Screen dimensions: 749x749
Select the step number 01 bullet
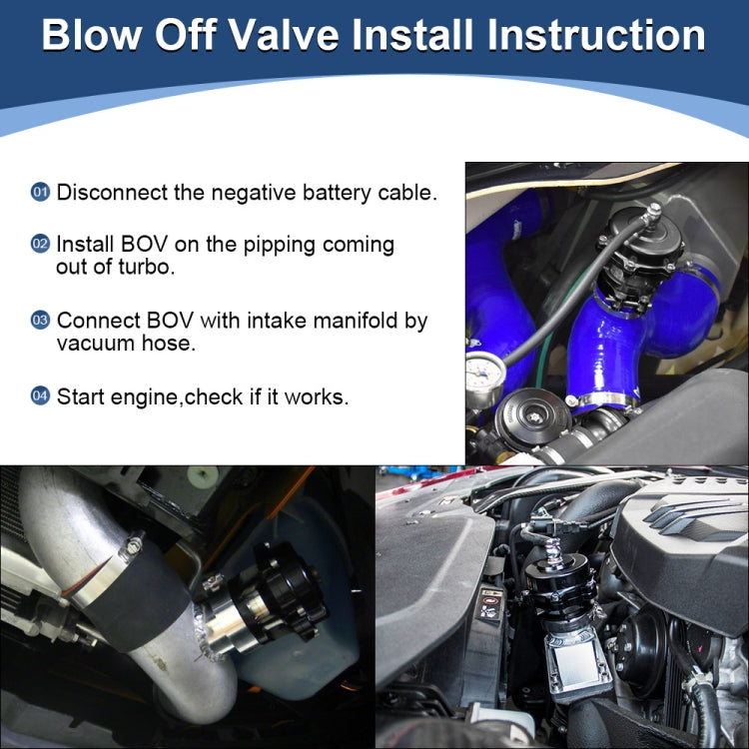pyautogui.click(x=41, y=192)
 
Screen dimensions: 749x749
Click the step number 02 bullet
pyautogui.click(x=41, y=244)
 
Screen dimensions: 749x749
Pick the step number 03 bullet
pyautogui.click(x=41, y=321)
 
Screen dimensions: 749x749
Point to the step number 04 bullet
pyautogui.click(x=41, y=396)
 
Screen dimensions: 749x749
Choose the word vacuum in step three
pyautogui.click(x=94, y=344)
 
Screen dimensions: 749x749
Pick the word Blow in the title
pyautogui.click(x=90, y=35)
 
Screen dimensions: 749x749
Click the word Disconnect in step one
pyautogui.click(x=111, y=193)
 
